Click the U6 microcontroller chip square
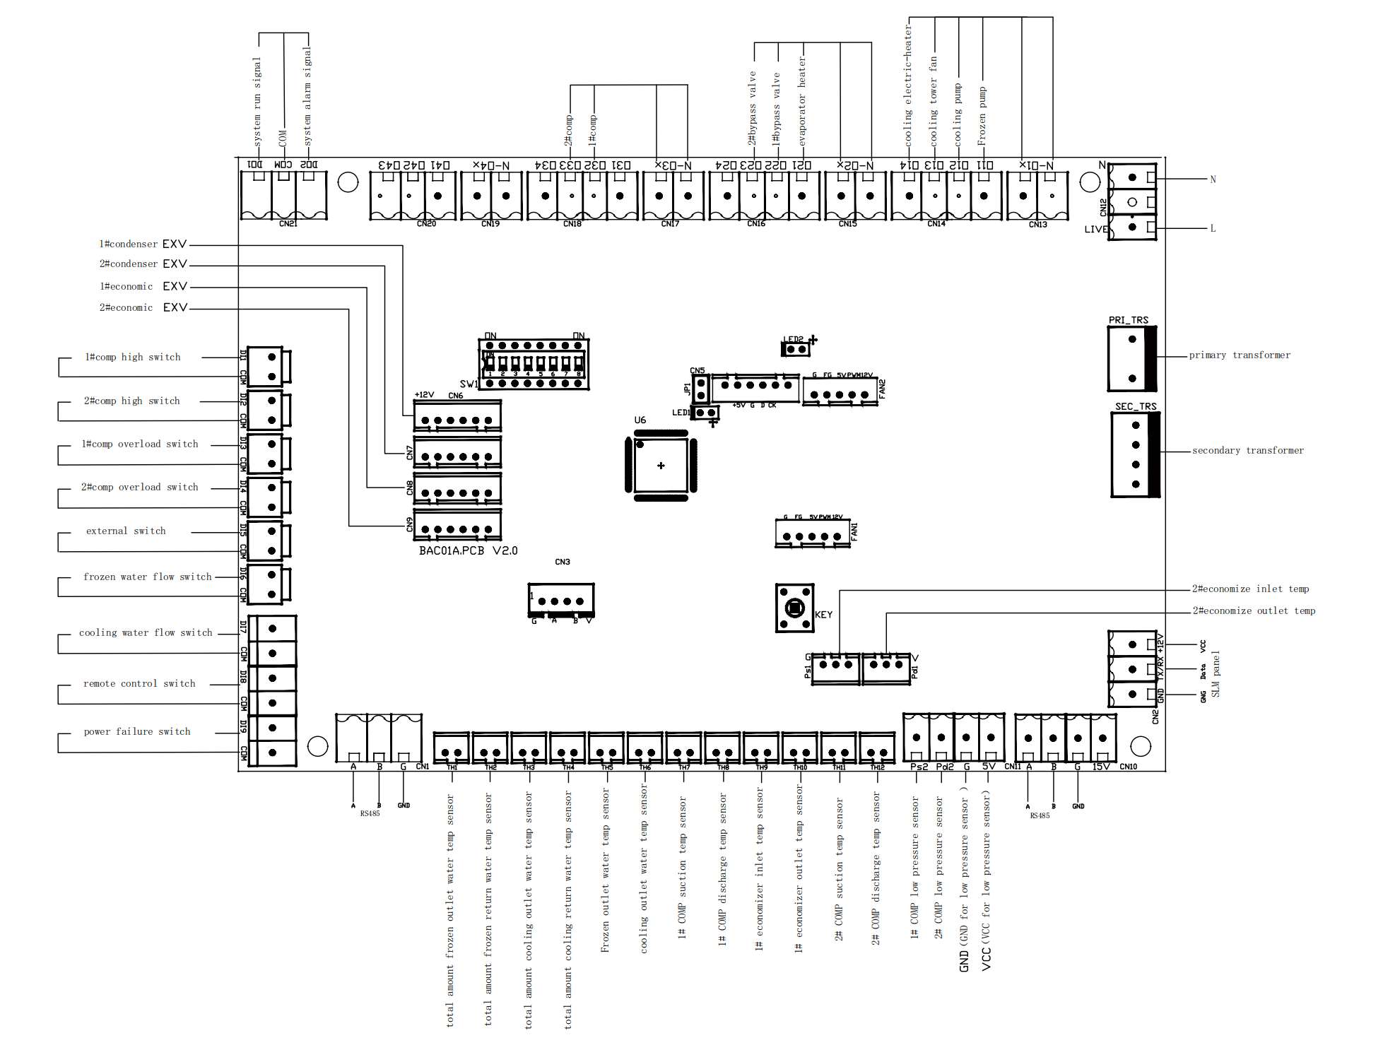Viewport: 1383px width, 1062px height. point(661,465)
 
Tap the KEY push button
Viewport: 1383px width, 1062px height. point(794,608)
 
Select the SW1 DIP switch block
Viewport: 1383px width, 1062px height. point(534,365)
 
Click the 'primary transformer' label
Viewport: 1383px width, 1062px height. point(1239,355)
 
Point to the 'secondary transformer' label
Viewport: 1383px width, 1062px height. point(1247,451)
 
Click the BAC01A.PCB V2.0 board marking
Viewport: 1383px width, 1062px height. point(468,550)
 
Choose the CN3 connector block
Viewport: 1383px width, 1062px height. point(561,600)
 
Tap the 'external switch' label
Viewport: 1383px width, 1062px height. point(126,531)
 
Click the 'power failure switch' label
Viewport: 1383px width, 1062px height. point(137,732)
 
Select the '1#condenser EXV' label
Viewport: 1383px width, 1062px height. point(143,244)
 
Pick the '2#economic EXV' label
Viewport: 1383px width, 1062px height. point(143,308)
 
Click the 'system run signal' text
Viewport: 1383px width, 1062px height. point(257,102)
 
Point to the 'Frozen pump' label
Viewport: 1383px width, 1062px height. point(982,117)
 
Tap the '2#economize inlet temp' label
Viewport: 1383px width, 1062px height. point(1250,589)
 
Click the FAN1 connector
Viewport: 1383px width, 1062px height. point(812,533)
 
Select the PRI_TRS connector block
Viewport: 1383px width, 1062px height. point(1131,358)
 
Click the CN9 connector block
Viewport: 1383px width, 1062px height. point(457,526)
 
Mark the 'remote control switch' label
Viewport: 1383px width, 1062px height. point(139,684)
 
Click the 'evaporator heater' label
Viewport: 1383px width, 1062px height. point(802,102)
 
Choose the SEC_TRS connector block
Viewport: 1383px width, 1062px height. point(1135,455)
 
